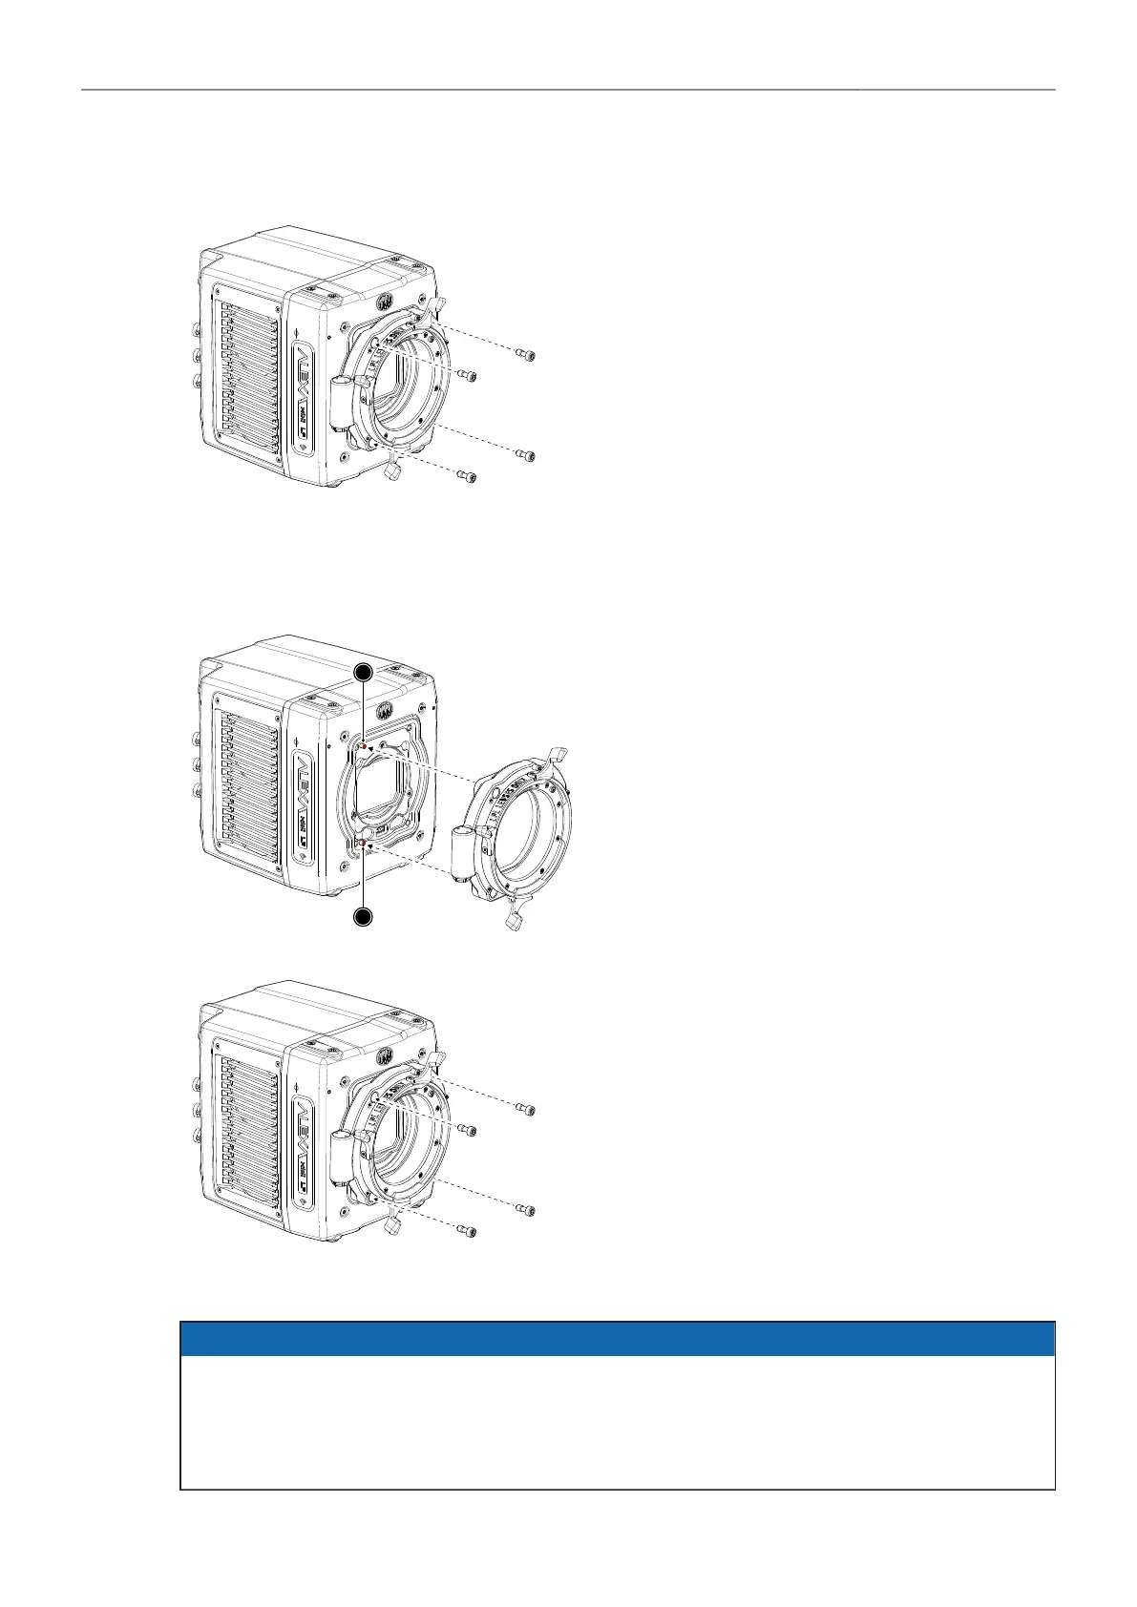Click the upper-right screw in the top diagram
coord(526,356)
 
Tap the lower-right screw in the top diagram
coord(526,456)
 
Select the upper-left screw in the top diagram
coord(467,375)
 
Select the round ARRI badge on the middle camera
coord(384,711)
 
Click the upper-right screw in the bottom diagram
coord(526,1110)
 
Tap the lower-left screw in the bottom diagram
coord(467,1229)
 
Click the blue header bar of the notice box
coord(618,1339)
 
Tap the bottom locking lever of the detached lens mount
coord(516,919)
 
